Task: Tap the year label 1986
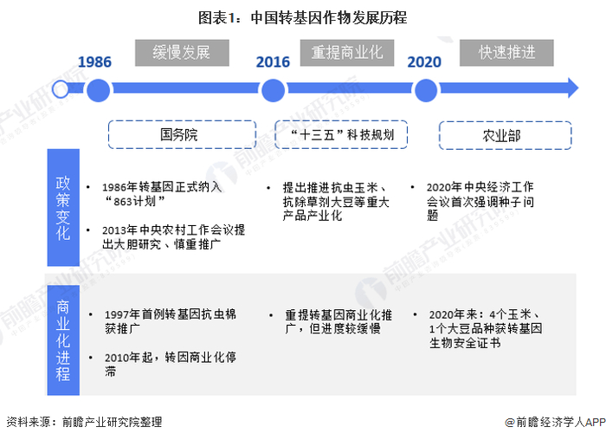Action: point(95,61)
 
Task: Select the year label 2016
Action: point(273,61)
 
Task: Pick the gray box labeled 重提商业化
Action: point(346,52)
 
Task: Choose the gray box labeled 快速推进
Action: point(507,52)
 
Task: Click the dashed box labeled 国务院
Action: point(179,135)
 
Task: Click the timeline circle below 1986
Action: point(98,88)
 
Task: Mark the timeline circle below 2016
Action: point(273,88)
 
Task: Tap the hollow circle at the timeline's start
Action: point(60,88)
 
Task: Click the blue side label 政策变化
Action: point(63,208)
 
